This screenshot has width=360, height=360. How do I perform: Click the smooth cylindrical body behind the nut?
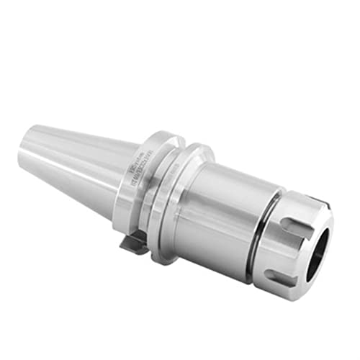pyautogui.click(x=223, y=209)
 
